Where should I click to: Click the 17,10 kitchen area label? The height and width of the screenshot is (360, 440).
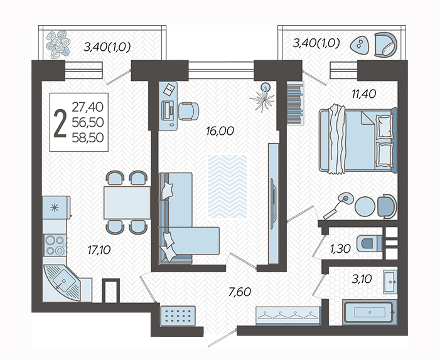click(99, 250)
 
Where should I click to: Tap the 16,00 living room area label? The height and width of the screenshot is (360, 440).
click(220, 131)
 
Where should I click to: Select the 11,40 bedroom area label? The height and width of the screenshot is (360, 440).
click(364, 94)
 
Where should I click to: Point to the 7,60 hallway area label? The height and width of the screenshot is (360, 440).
click(240, 292)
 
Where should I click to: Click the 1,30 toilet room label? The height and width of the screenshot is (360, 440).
click(340, 248)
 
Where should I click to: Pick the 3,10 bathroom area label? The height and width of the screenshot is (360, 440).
click(362, 279)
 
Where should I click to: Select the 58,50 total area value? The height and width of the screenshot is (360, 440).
click(88, 137)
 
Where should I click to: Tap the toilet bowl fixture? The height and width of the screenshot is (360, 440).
click(369, 243)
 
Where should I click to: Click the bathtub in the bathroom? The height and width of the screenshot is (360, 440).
click(370, 312)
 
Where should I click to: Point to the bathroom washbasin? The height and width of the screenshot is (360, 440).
click(390, 282)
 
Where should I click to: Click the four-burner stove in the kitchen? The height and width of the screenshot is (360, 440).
click(55, 245)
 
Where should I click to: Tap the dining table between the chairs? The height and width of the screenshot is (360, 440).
click(127, 203)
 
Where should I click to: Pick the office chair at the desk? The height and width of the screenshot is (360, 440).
click(188, 111)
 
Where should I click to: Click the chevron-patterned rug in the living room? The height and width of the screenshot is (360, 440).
click(228, 186)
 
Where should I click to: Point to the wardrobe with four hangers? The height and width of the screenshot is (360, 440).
click(288, 316)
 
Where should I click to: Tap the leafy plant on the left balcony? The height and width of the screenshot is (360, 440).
click(58, 45)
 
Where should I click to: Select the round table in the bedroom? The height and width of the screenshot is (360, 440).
click(365, 206)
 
